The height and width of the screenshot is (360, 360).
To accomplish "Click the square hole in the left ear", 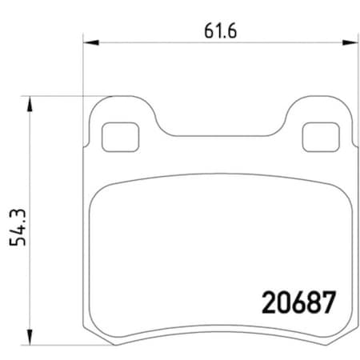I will tap(120, 136).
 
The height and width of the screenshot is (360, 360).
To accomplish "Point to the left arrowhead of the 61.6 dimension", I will tap(88, 42).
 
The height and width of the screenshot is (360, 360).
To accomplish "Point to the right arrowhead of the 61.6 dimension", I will tap(350, 42).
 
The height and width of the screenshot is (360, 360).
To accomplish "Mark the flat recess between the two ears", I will tap(218, 135).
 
